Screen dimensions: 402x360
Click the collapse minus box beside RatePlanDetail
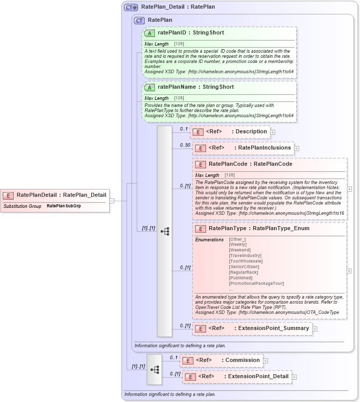112,200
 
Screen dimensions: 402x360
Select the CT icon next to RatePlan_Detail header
131,7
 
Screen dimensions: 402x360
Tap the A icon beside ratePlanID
149,33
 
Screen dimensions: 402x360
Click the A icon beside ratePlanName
149,87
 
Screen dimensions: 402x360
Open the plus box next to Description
273,132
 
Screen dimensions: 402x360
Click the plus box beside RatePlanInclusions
297,149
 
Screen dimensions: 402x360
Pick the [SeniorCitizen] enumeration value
244,267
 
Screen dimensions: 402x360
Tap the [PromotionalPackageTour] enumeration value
256,283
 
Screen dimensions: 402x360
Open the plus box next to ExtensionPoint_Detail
294,377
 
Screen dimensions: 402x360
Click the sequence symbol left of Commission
154,369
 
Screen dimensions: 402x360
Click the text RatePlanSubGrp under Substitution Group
64,206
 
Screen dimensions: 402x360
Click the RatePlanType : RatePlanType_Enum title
259,229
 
